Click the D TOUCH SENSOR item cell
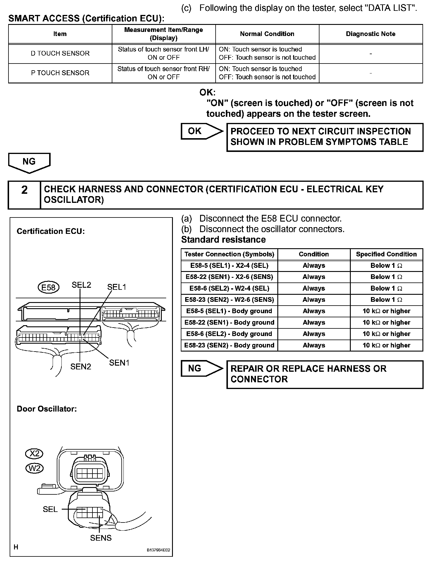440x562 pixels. point(60,54)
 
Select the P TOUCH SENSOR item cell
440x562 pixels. point(60,73)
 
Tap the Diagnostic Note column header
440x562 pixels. point(370,34)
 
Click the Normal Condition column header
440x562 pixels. point(267,34)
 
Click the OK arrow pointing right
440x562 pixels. point(202,131)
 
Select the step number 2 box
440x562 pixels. point(24,195)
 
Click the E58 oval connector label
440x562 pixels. point(48,287)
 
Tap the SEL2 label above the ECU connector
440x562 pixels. point(81,285)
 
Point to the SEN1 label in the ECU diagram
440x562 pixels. point(119,363)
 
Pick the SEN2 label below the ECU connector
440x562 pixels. point(80,366)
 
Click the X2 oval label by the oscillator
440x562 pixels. point(34,454)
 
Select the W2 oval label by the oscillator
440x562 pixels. point(35,468)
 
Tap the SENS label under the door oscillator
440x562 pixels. point(101,538)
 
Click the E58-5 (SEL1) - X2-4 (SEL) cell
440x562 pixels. point(229,265)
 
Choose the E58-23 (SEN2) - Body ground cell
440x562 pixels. point(229,345)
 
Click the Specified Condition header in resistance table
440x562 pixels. point(386,254)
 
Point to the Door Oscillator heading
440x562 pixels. point(47,409)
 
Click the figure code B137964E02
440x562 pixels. point(158,550)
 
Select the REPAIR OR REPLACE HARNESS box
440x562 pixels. point(325,374)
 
